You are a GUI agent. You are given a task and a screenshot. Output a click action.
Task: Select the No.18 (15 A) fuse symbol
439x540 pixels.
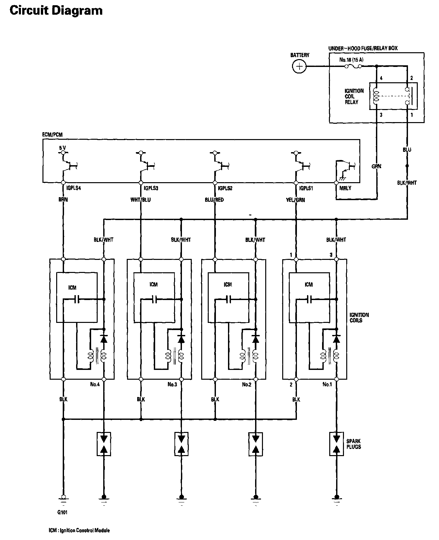click(353, 66)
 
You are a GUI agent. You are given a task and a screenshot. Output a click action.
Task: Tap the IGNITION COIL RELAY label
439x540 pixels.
click(354, 96)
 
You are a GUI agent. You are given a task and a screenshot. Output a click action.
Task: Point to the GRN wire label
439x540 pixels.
click(377, 167)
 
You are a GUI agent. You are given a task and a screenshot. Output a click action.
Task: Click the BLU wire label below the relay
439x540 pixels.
click(407, 150)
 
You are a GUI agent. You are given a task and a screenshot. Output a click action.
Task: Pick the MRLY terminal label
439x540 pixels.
click(345, 188)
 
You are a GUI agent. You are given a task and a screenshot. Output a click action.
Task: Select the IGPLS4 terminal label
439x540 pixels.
click(73, 188)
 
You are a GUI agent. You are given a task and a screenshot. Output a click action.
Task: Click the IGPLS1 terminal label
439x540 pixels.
click(306, 188)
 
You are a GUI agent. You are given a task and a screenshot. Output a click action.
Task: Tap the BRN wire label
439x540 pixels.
click(63, 199)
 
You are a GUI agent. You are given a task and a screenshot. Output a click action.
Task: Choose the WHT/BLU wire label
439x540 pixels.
click(140, 199)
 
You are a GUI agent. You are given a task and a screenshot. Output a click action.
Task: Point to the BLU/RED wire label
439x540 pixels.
click(214, 199)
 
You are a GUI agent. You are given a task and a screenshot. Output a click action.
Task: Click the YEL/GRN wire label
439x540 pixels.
click(295, 199)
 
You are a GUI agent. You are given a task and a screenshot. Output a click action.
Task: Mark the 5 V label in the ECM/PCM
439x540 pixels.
click(62, 148)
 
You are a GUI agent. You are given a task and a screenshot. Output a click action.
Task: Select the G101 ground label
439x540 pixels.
click(62, 512)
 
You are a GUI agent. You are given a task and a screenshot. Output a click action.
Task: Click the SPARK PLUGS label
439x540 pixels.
click(353, 444)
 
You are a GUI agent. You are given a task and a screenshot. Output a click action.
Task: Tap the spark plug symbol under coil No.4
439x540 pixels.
click(104, 444)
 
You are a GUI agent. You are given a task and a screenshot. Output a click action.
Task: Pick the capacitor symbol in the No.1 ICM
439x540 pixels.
click(309, 299)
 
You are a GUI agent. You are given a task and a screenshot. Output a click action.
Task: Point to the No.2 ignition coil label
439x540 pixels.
click(247, 384)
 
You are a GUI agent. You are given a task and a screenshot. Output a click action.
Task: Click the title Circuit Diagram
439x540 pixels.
click(56, 10)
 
